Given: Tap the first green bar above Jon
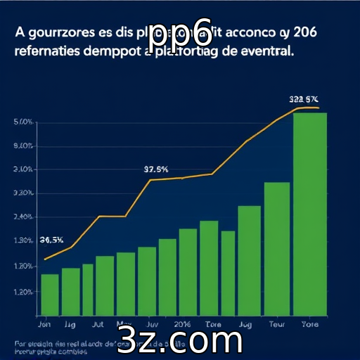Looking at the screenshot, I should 50,294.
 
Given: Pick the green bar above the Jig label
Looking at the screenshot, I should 71,291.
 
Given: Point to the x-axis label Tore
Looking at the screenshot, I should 213,326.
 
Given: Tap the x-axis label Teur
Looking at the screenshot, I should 278,326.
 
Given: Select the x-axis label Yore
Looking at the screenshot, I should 309,326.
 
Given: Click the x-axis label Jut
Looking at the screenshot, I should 98,326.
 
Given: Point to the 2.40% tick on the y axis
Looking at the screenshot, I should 23,217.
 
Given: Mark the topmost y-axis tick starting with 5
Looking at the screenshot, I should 23,122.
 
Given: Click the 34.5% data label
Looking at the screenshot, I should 53,240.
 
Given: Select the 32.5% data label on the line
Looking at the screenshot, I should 156,169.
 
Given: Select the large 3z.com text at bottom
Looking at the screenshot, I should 181,342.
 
